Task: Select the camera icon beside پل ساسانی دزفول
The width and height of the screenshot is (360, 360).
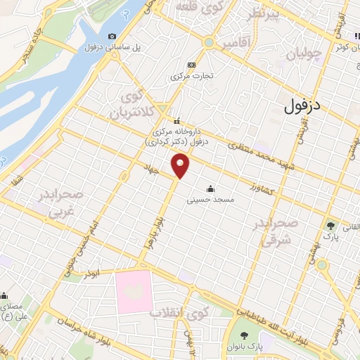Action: tap(112, 37)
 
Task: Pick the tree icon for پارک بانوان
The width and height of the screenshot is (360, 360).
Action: tap(245, 335)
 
